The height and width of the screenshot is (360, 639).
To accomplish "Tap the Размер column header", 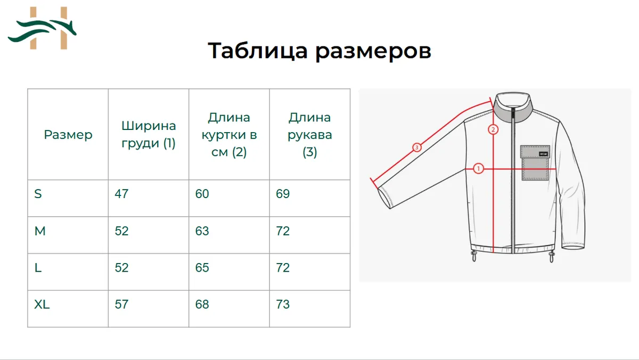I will tap(68, 135).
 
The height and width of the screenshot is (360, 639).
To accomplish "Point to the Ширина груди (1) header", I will tap(149, 135).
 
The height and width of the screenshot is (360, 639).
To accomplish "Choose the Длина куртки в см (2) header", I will tap(229, 135).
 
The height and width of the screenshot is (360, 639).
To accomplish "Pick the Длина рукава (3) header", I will tap(309, 135).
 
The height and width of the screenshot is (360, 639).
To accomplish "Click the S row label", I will tap(38, 194).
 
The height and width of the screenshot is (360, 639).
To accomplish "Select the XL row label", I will tap(42, 305).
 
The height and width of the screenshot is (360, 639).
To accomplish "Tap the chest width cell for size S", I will tap(121, 194).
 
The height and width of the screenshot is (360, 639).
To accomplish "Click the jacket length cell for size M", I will tap(202, 231).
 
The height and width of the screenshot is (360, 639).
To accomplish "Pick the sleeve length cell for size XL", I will tap(283, 305).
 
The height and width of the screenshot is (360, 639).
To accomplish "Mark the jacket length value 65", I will tap(202, 268).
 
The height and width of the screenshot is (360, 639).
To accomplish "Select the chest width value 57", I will tap(121, 305).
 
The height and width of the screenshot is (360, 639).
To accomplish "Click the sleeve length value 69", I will tap(283, 194).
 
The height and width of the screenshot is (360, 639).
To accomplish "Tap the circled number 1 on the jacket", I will tap(478, 169).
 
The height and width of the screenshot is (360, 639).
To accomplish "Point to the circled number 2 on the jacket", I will tap(493, 129).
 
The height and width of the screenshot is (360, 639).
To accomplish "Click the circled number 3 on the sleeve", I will tap(417, 148).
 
